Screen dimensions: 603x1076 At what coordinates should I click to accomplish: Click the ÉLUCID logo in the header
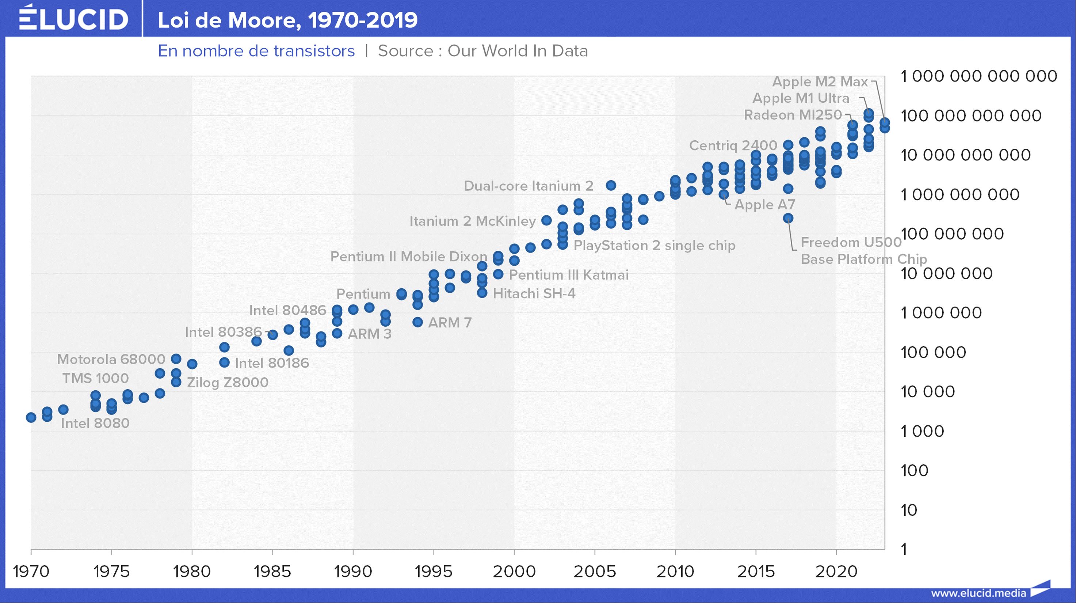click(x=73, y=19)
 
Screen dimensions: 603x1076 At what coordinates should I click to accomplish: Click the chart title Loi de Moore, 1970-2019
click(x=287, y=20)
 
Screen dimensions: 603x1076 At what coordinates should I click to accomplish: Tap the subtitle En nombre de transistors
click(x=256, y=51)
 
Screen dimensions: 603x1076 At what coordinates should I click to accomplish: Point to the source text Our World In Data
click(x=518, y=51)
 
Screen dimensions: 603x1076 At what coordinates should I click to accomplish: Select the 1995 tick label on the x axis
click(x=434, y=571)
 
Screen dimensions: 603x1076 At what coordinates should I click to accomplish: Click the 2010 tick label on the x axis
click(x=675, y=571)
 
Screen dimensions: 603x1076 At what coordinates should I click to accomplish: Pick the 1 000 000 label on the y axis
click(x=940, y=313)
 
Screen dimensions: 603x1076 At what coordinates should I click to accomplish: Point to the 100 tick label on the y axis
click(x=914, y=471)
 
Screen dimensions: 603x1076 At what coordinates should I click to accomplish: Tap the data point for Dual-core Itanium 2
click(x=611, y=186)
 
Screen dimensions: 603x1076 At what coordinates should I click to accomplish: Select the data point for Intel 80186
click(x=224, y=362)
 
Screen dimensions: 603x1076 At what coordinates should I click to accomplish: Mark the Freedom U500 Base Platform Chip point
click(x=788, y=218)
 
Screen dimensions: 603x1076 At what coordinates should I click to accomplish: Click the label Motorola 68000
click(x=111, y=359)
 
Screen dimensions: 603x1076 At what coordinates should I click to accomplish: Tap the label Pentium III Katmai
click(x=568, y=275)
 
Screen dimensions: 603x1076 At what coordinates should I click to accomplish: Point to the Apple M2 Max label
click(x=820, y=81)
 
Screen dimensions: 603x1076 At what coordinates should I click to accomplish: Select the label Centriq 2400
click(x=733, y=145)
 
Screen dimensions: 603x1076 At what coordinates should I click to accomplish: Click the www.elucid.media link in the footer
click(x=978, y=593)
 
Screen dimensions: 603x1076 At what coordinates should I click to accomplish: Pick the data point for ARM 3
click(x=337, y=333)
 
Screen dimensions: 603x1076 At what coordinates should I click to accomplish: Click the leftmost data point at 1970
click(x=31, y=417)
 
